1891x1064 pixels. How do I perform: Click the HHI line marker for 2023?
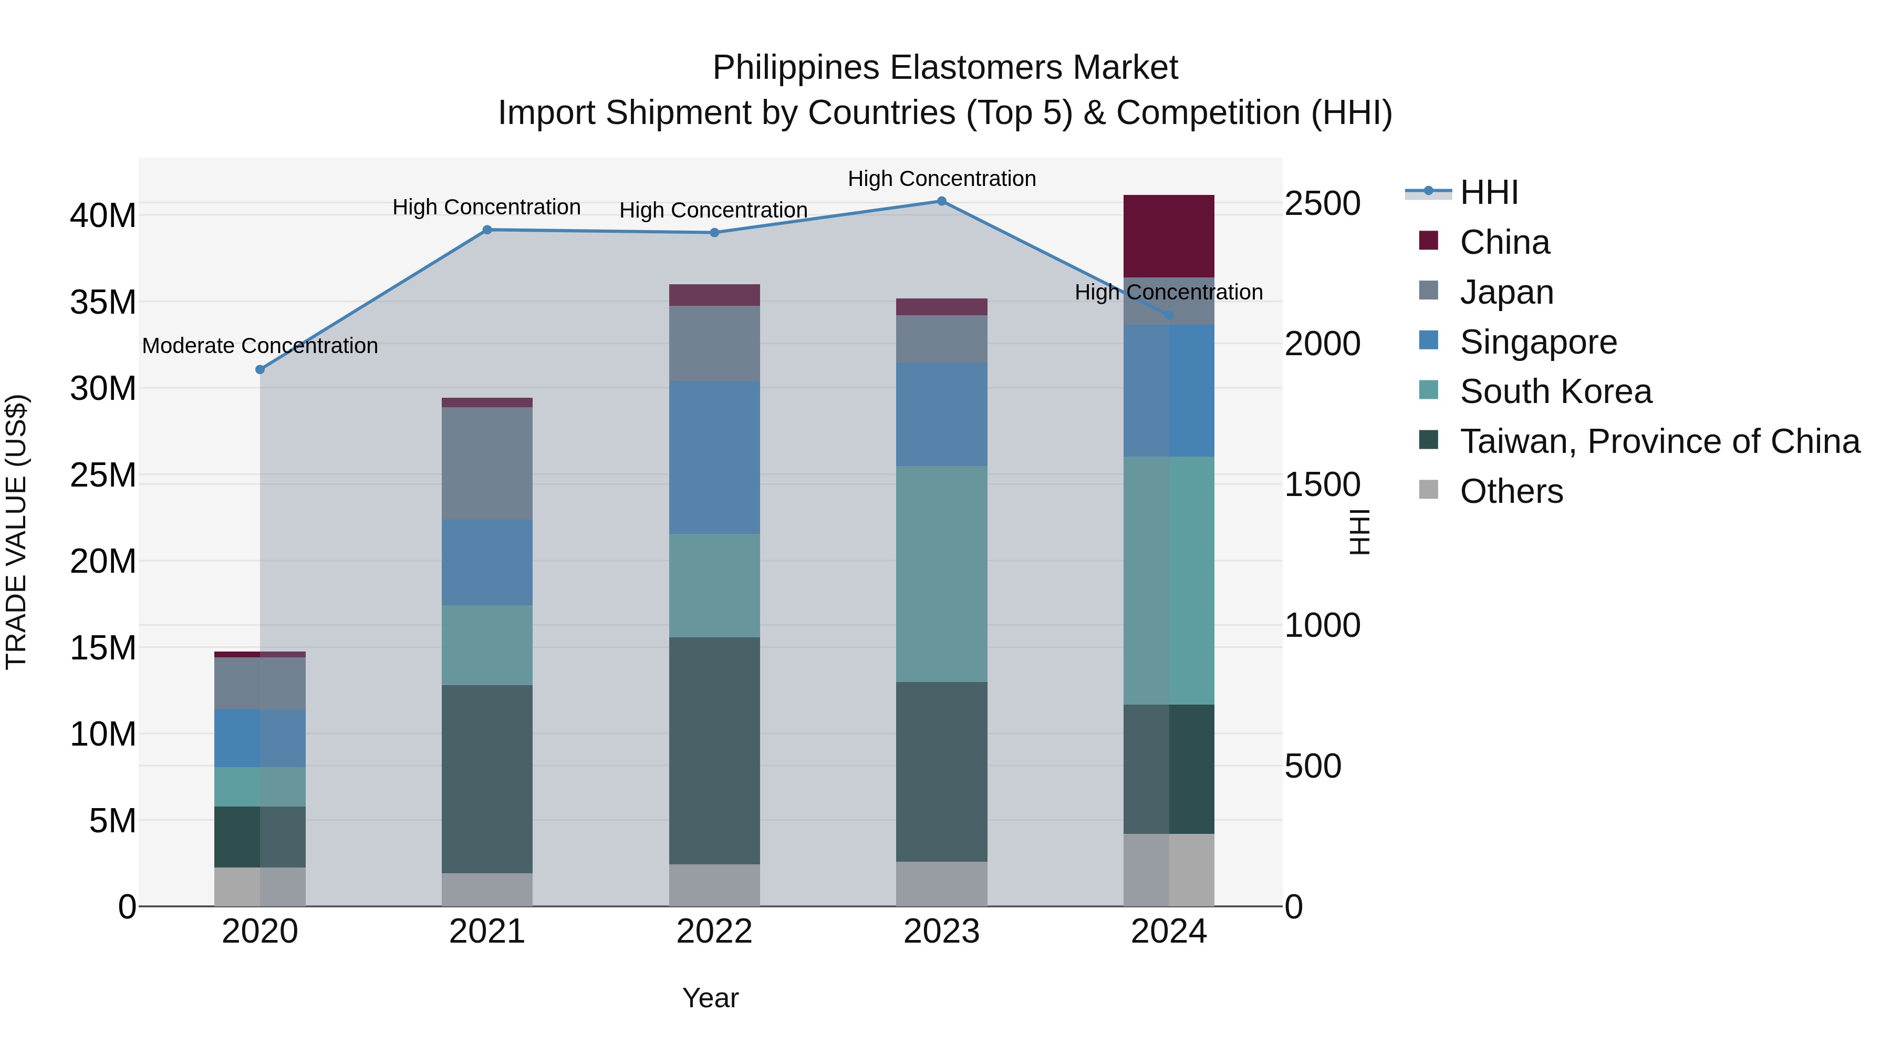click(x=942, y=201)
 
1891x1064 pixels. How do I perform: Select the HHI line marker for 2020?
click(x=260, y=369)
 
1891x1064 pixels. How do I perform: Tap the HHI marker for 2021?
click(x=487, y=230)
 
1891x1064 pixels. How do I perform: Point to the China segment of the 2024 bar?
click(x=1169, y=236)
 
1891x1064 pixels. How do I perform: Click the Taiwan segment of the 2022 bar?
click(x=714, y=750)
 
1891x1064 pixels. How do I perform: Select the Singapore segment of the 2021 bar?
click(x=487, y=562)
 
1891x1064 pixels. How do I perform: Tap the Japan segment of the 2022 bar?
click(x=714, y=343)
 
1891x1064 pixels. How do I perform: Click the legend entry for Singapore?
click(x=1538, y=342)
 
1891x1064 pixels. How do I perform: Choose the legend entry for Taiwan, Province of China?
click(x=1659, y=441)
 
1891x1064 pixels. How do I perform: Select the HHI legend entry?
click(x=1488, y=192)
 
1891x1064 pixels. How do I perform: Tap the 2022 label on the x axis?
click(x=714, y=932)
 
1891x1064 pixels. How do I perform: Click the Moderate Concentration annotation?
click(x=260, y=346)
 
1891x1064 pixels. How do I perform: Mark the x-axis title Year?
click(x=710, y=998)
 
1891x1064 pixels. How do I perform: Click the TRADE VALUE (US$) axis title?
click(x=16, y=532)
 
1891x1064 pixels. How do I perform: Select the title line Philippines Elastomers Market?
click(x=945, y=68)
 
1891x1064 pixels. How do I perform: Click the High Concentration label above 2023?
click(x=942, y=179)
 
